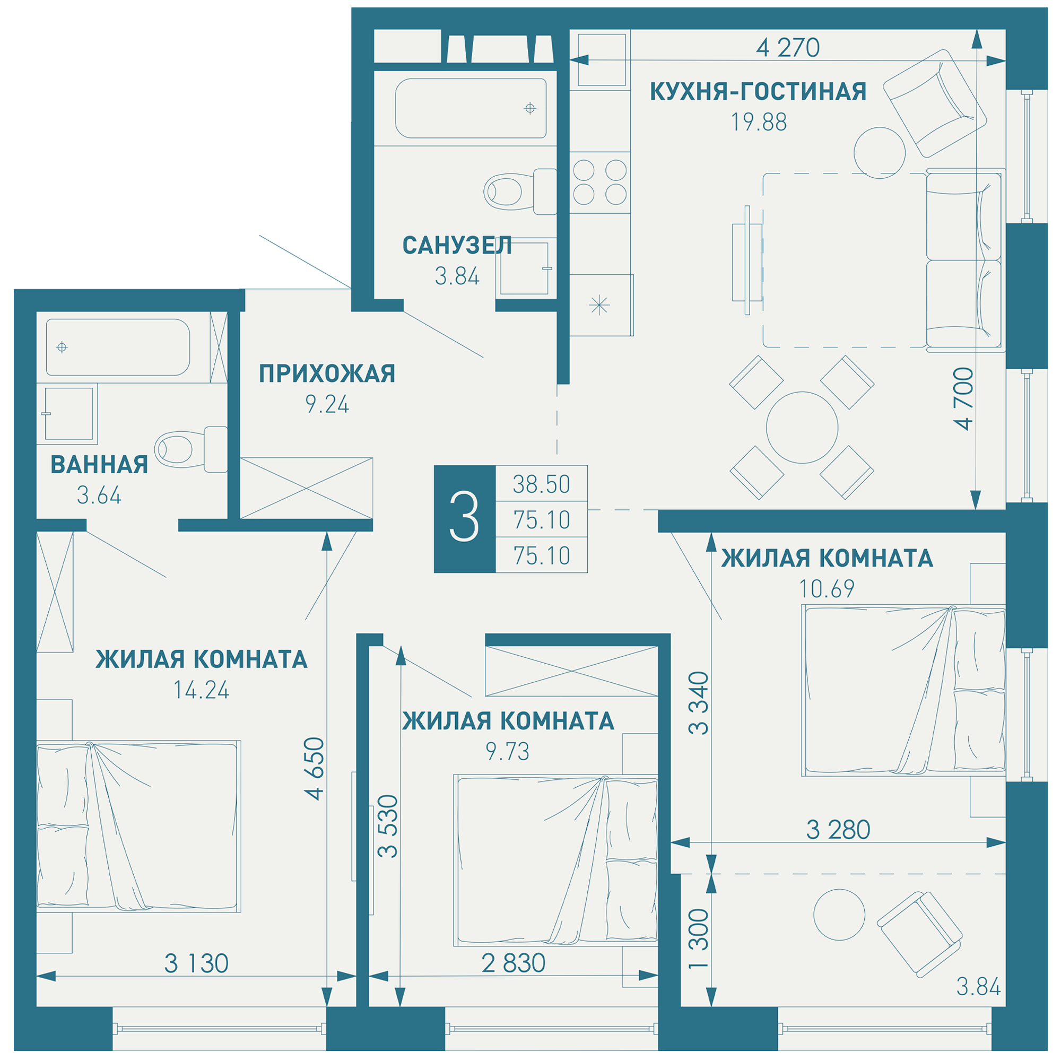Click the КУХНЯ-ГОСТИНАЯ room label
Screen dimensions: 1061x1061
coord(758,92)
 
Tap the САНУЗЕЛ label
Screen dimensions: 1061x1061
coord(457,246)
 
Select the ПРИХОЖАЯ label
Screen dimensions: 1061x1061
coord(327,373)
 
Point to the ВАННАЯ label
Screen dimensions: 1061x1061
coord(99,465)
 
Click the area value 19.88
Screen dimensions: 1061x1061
coord(759,122)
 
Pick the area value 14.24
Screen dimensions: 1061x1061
coord(202,690)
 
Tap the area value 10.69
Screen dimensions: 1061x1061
coord(827,589)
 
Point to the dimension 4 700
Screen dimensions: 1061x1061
coord(964,399)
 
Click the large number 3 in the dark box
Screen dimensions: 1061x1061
coord(464,517)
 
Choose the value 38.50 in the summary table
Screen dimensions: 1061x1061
coord(542,484)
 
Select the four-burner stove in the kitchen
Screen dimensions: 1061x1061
coord(599,182)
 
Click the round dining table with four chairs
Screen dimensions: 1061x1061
coord(802,427)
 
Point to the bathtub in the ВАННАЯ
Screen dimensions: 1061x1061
coord(118,347)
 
